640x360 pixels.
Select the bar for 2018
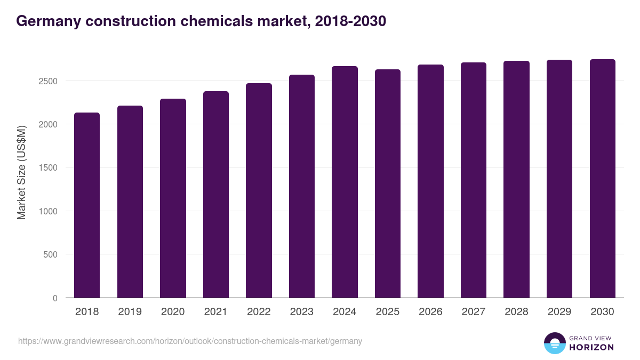click(x=87, y=205)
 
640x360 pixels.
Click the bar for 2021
click(x=216, y=195)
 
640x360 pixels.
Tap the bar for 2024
click(x=345, y=182)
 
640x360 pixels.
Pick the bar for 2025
click(x=388, y=183)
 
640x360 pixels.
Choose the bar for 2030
click(x=602, y=179)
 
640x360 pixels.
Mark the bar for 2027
click(x=474, y=180)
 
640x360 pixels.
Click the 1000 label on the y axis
click(x=47, y=211)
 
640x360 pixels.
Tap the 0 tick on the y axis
click(x=55, y=298)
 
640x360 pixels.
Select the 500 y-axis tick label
click(x=50, y=254)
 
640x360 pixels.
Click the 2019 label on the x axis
click(x=130, y=312)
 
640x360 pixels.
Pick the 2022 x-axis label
click(x=259, y=312)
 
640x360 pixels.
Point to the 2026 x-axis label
click(x=430, y=312)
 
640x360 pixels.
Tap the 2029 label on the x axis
click(x=559, y=312)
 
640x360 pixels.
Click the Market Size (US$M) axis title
click(x=21, y=172)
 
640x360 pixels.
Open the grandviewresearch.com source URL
click(x=190, y=341)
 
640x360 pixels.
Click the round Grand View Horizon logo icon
click(x=555, y=343)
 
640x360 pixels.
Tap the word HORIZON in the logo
click(x=591, y=347)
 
